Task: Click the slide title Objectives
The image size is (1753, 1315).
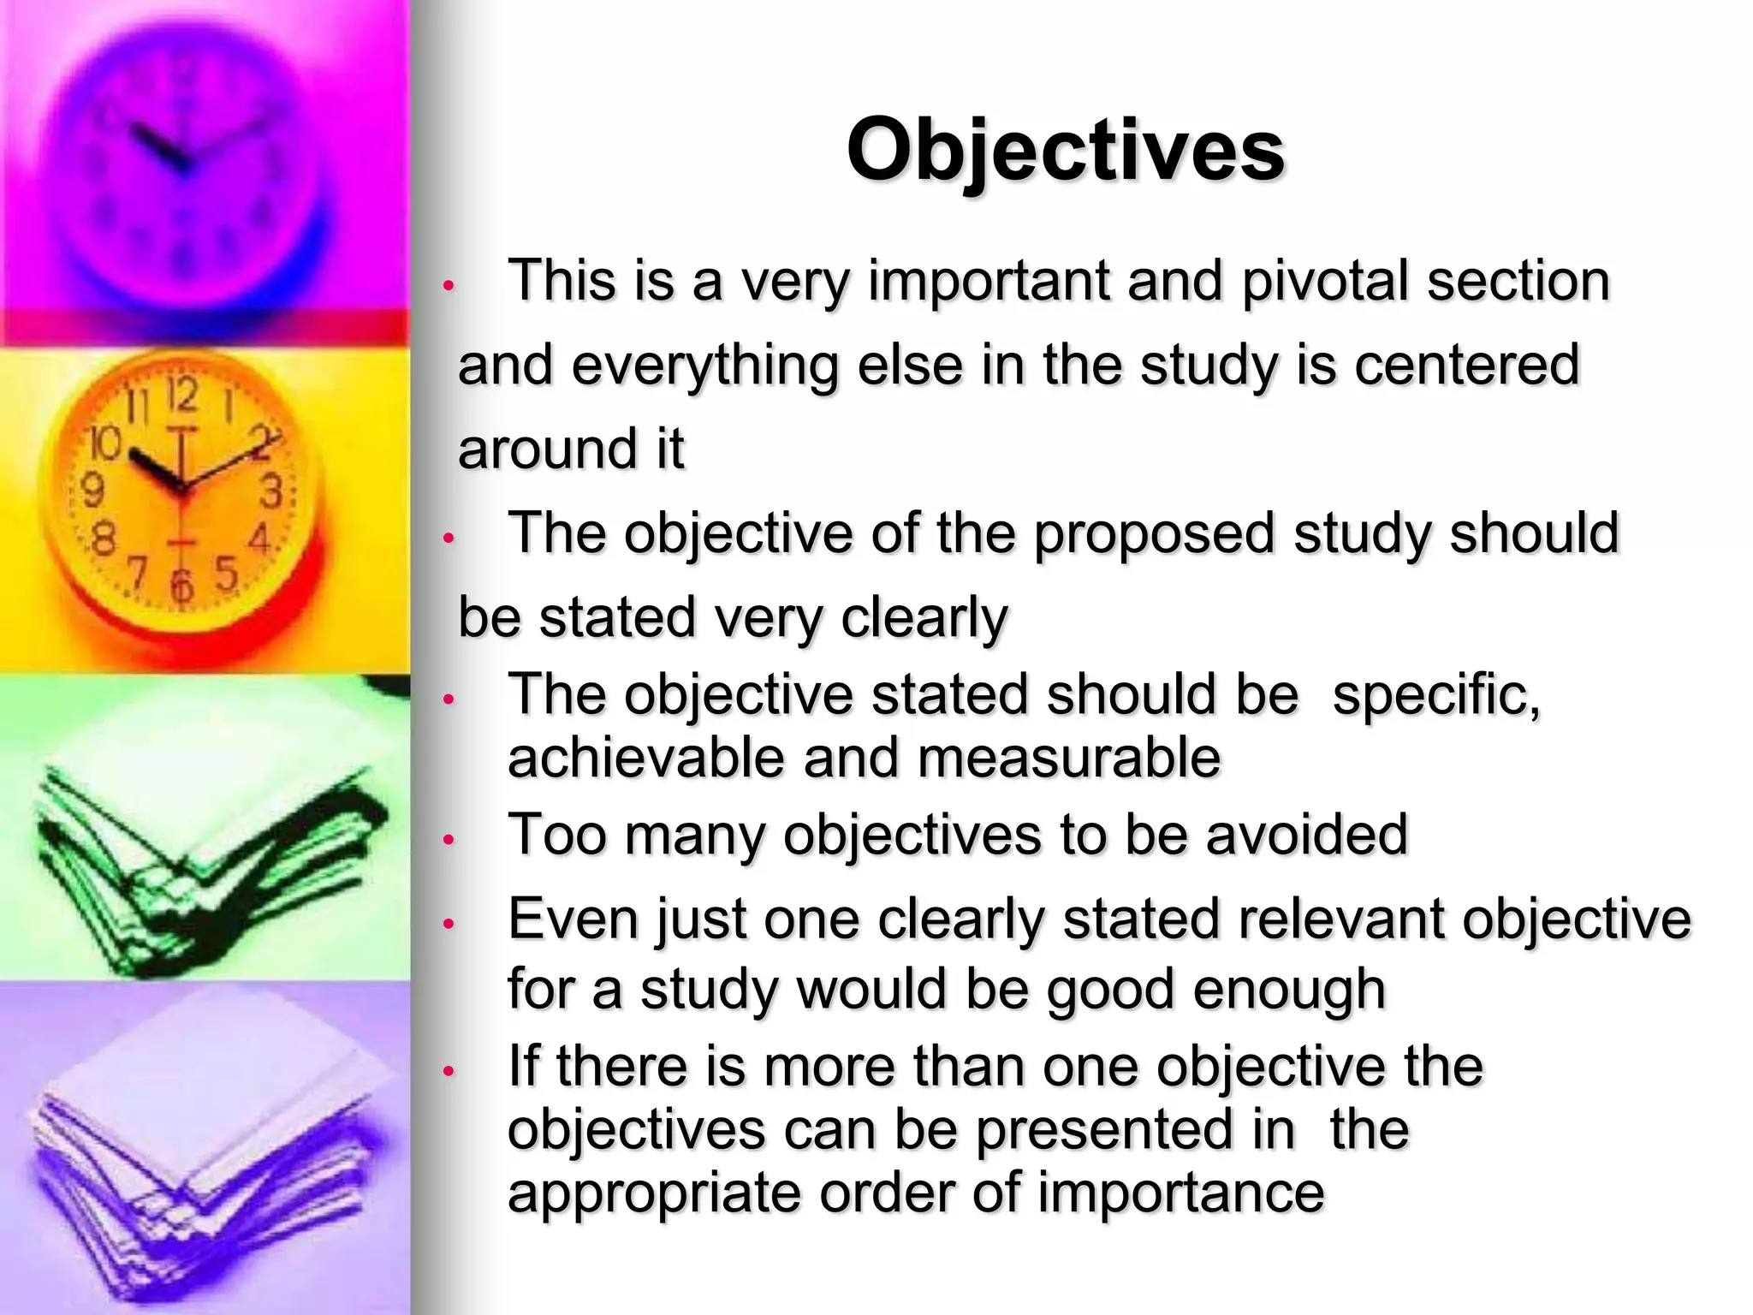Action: point(1065,151)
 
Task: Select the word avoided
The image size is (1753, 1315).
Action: point(1306,835)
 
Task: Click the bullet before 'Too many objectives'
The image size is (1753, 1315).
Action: point(447,840)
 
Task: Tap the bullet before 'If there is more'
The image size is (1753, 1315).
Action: point(447,1070)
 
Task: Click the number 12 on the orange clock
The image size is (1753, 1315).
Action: point(181,396)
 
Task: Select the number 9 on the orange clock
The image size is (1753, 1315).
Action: point(92,491)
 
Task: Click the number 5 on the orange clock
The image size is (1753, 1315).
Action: point(225,573)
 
